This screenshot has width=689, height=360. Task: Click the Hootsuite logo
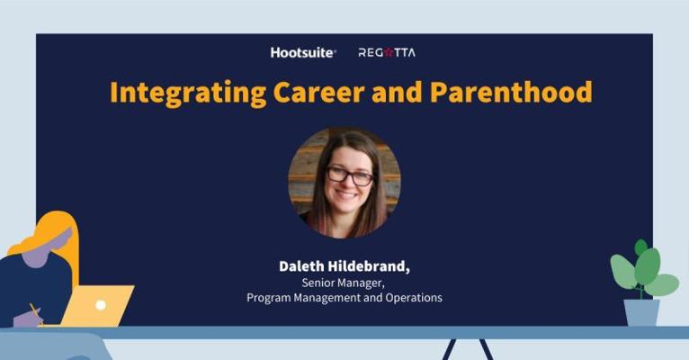tap(303, 53)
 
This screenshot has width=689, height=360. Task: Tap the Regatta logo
tap(387, 53)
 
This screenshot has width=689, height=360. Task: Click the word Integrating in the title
tap(188, 94)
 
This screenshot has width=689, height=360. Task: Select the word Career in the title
tap(318, 92)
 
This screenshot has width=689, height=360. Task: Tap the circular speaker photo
tap(344, 183)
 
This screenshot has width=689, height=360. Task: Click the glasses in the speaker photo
tap(350, 175)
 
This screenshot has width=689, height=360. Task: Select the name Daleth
tap(301, 265)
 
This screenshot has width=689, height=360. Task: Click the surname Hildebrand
tap(369, 265)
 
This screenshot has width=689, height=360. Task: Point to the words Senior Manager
tap(344, 283)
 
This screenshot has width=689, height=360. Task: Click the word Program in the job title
tap(268, 298)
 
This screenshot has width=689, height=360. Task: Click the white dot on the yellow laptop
tap(101, 304)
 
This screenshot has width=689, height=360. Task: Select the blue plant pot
tap(641, 312)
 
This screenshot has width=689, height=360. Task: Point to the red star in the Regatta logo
tap(388, 53)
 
